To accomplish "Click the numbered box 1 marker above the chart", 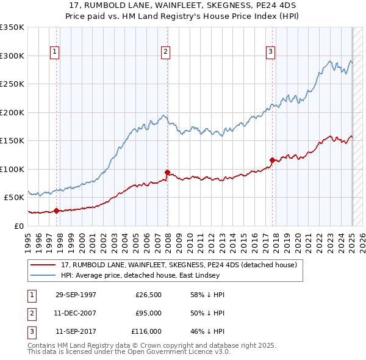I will (x=55, y=52).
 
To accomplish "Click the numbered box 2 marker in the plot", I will (x=165, y=52).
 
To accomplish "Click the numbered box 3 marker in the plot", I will (x=270, y=52).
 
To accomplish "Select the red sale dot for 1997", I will (x=57, y=211).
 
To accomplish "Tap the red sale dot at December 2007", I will (x=167, y=172).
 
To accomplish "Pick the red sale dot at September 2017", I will (x=272, y=160).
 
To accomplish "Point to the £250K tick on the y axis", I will (x=12, y=84).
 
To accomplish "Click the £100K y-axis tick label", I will (x=12, y=169).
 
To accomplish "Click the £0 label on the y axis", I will (x=20, y=226).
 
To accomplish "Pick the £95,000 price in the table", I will (x=148, y=313).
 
